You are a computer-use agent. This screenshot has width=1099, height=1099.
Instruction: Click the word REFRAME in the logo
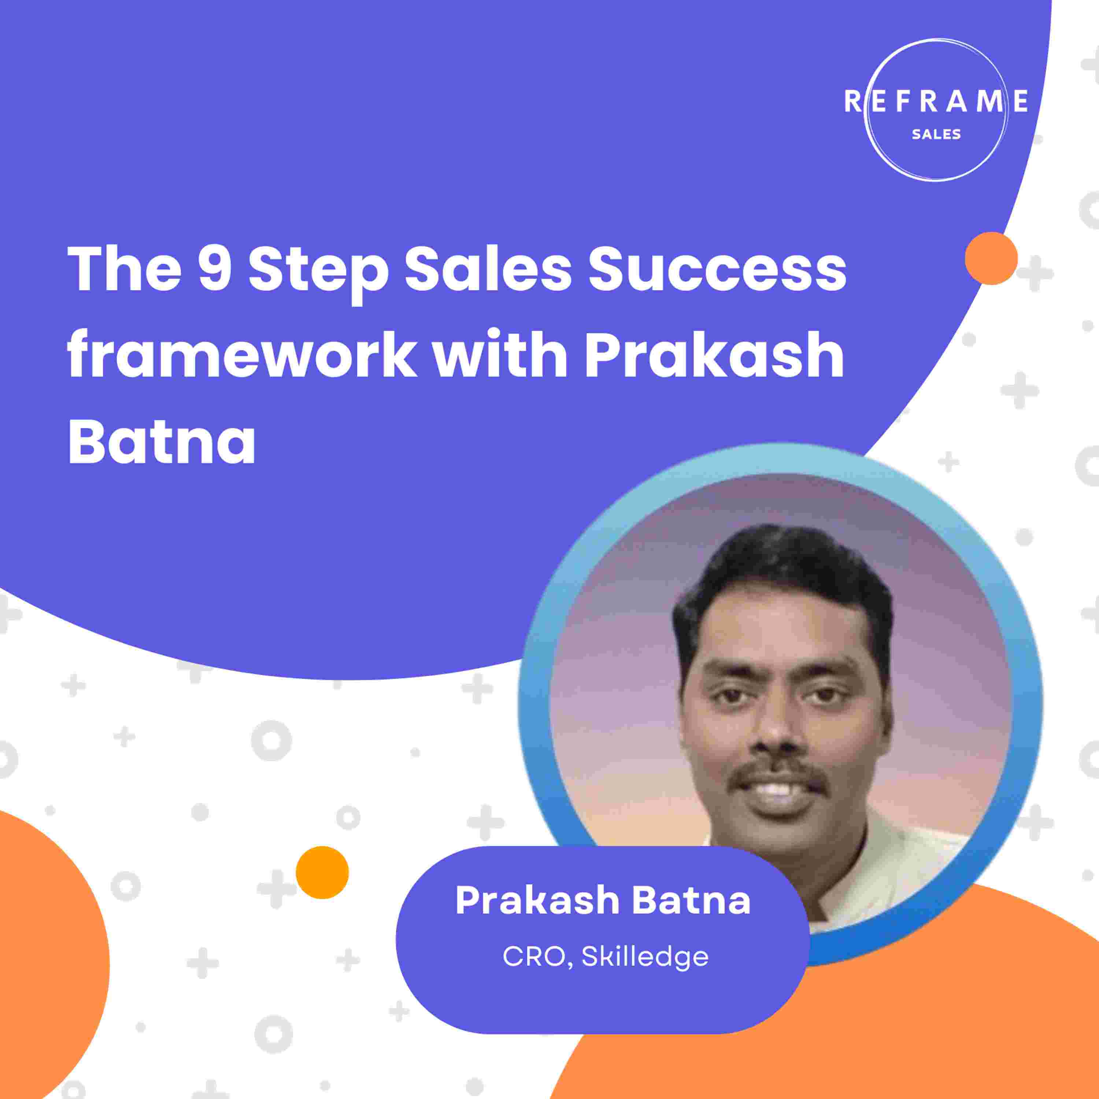point(936,101)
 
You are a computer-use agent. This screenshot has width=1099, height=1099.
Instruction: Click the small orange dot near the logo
point(991,258)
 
